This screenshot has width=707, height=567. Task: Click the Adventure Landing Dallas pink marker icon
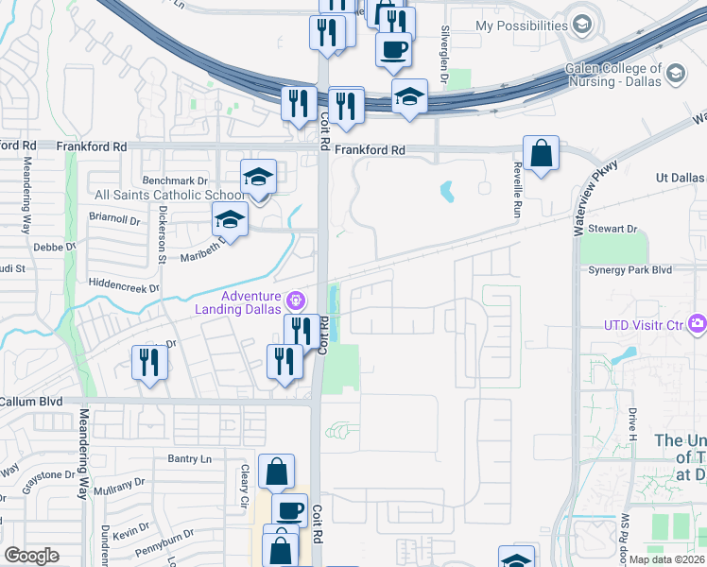pyautogui.click(x=296, y=301)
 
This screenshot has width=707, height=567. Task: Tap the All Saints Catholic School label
pyautogui.click(x=166, y=196)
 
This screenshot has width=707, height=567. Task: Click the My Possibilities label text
pyautogui.click(x=520, y=26)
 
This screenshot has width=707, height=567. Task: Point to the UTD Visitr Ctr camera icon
pyautogui.click(x=698, y=325)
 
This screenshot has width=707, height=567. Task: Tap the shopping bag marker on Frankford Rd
pyautogui.click(x=541, y=153)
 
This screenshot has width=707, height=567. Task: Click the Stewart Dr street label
pyautogui.click(x=612, y=229)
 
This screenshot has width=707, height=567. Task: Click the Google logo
pyautogui.click(x=31, y=556)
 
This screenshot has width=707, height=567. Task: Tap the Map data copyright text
pyautogui.click(x=666, y=559)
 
